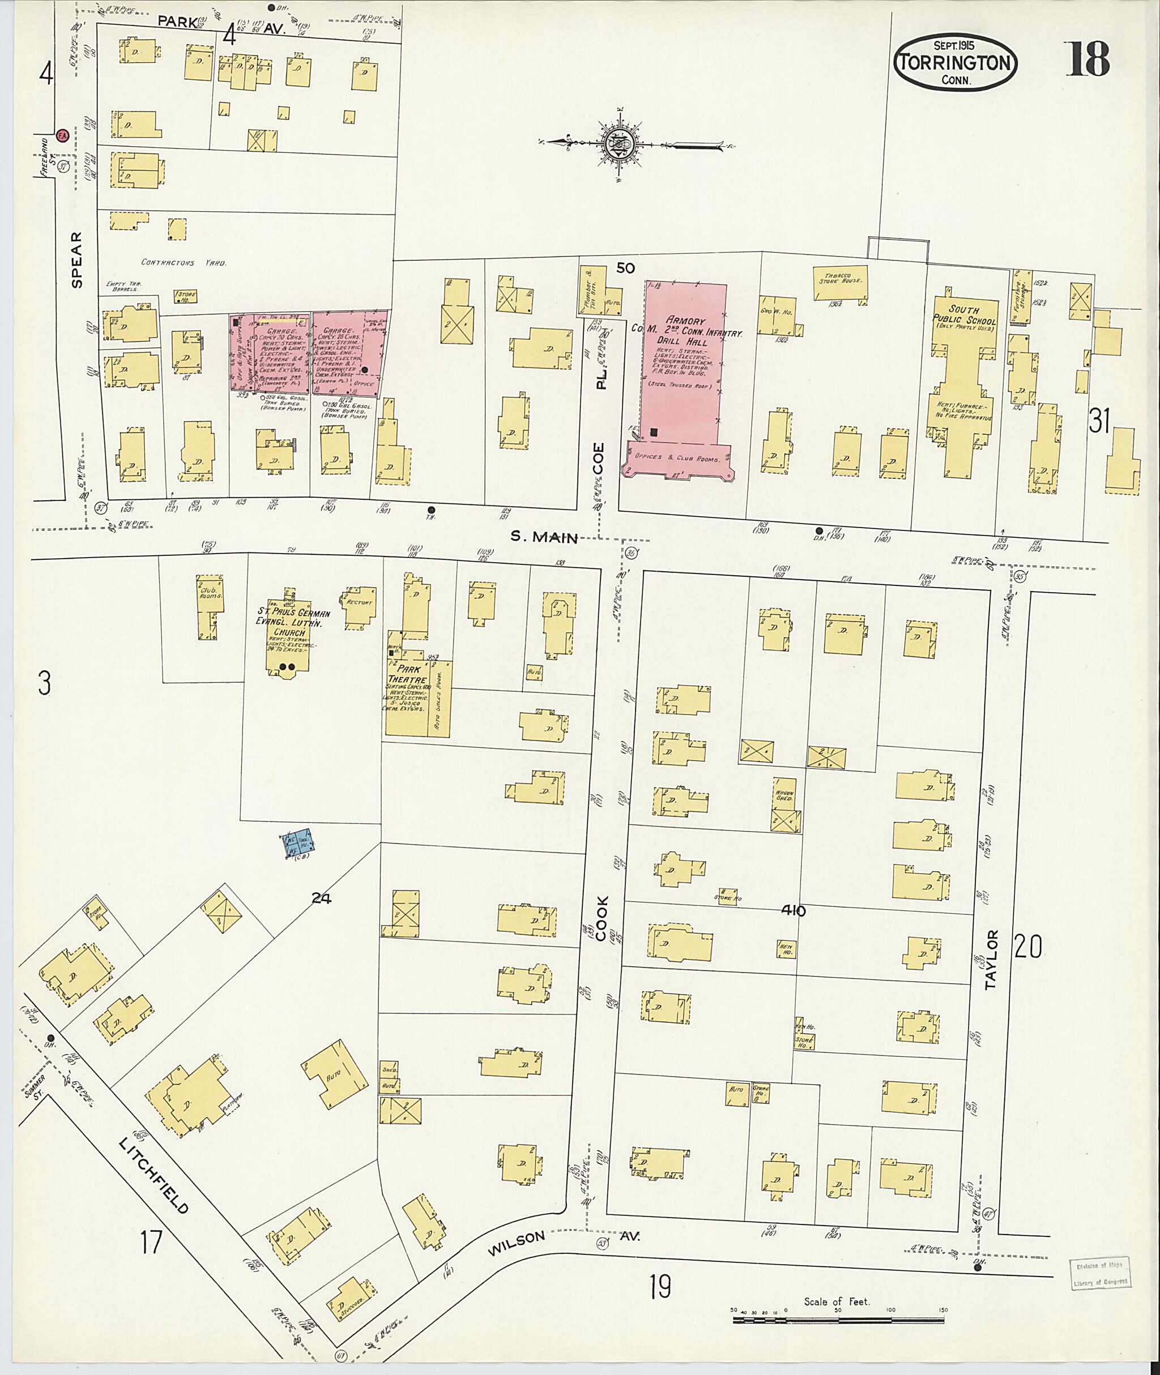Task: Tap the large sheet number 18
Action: [1088, 59]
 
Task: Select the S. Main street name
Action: [544, 537]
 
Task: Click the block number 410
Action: [794, 911]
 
